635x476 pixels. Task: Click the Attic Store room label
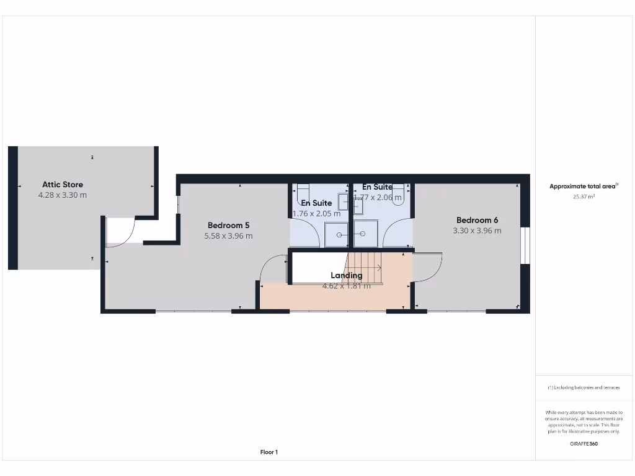[x=62, y=184]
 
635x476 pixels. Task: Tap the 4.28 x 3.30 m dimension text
[x=62, y=195]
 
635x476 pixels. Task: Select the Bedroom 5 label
[x=228, y=225]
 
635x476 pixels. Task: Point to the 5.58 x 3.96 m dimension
[x=228, y=236]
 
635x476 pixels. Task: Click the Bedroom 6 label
[x=477, y=220]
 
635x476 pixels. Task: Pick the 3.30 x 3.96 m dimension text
[x=477, y=231]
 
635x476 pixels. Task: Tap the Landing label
[x=346, y=275]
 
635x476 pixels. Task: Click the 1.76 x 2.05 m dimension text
[x=316, y=213]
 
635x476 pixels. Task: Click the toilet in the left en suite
[x=303, y=189]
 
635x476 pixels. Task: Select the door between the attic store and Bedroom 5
[x=119, y=232]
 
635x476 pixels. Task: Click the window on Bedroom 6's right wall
[x=525, y=245]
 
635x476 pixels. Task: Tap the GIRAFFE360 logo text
[x=584, y=444]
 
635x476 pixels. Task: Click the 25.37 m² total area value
[x=583, y=197]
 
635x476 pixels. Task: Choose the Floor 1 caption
[x=269, y=452]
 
